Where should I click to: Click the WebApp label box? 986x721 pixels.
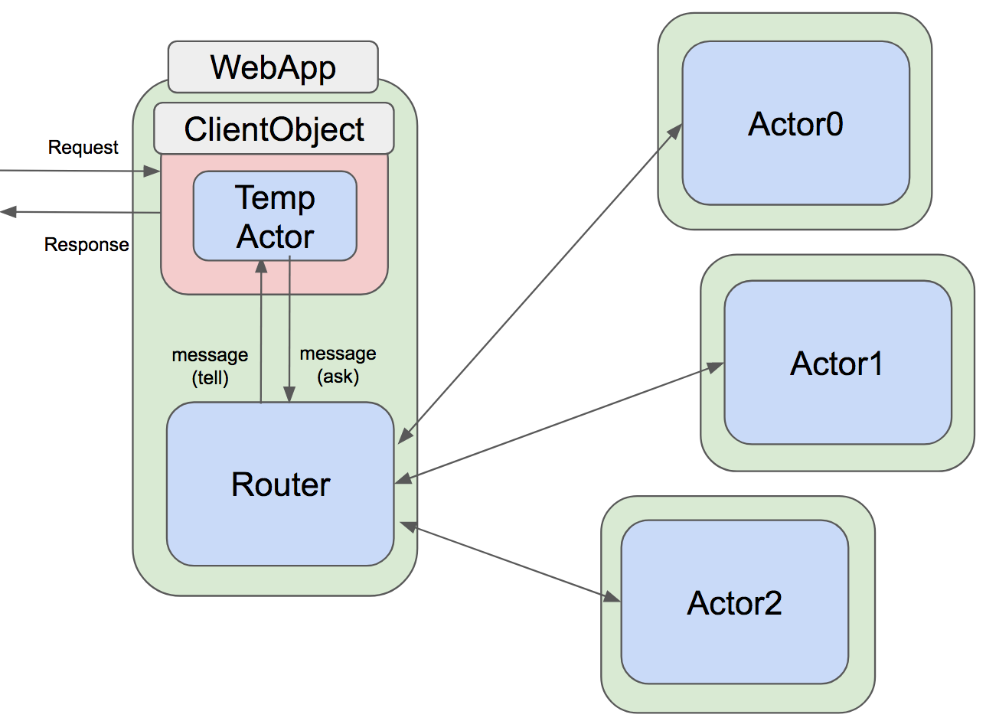273,67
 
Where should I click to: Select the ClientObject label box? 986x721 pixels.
273,129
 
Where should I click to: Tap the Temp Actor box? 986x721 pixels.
275,217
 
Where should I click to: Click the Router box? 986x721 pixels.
280,484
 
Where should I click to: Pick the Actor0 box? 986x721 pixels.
795,123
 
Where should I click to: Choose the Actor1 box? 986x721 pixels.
837,363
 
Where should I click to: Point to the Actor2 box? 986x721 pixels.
734,602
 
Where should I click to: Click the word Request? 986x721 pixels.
83,147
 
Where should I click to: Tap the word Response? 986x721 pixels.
87,245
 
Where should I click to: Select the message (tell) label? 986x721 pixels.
210,366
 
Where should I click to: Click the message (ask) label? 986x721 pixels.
338,364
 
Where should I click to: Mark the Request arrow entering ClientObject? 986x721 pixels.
77,171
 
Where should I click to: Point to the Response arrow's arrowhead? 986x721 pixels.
8,212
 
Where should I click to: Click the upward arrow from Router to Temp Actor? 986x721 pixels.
261,329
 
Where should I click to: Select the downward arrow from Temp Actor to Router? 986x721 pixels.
289,329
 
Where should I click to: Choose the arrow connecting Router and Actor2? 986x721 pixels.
509,562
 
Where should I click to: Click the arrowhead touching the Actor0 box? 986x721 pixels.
675,130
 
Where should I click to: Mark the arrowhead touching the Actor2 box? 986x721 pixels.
612,597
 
